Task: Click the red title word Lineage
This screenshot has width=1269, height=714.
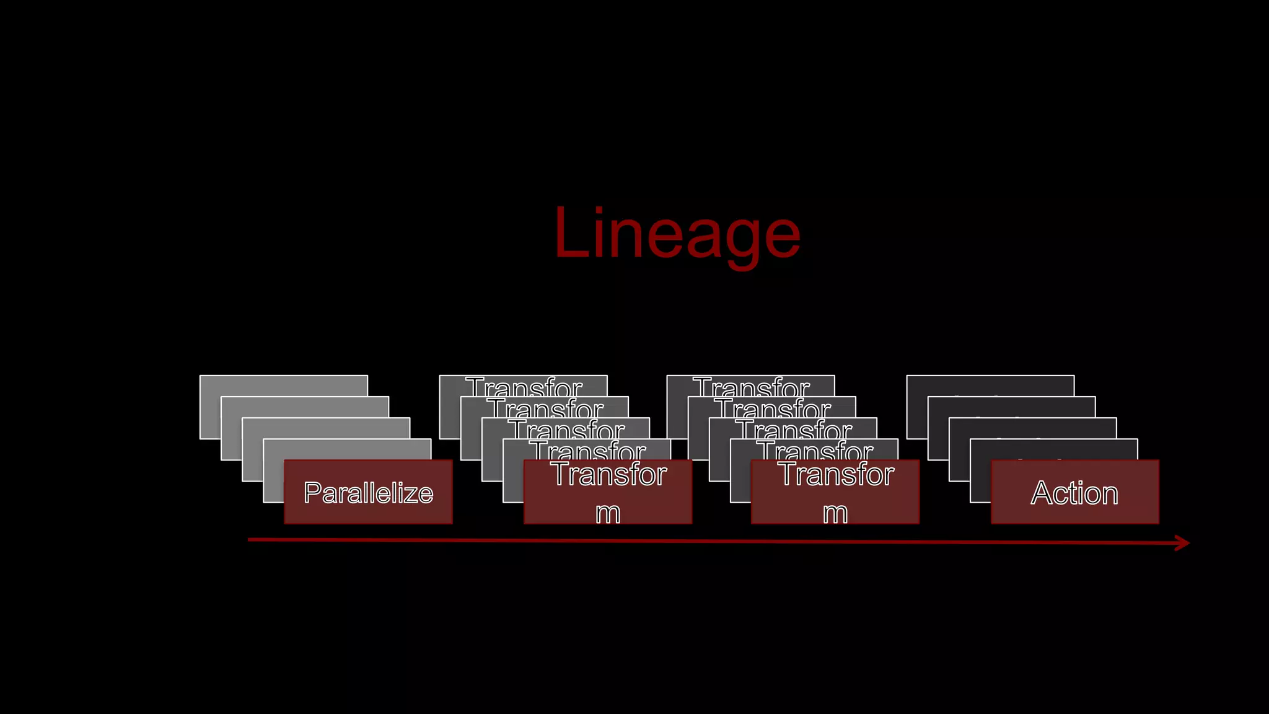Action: pyautogui.click(x=677, y=233)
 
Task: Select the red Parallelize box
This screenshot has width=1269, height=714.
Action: pyautogui.click(x=368, y=492)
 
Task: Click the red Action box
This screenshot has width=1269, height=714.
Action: pyautogui.click(x=1074, y=492)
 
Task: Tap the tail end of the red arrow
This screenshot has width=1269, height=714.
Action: pyautogui.click(x=250, y=540)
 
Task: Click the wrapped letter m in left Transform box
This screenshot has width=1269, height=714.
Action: pyautogui.click(x=608, y=513)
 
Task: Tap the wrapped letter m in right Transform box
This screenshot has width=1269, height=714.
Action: pyautogui.click(x=835, y=513)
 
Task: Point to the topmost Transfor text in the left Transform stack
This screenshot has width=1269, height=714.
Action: pyautogui.click(x=524, y=387)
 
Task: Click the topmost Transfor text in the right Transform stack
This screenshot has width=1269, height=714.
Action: pyautogui.click(x=751, y=387)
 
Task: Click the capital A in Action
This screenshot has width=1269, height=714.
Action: pyautogui.click(x=1043, y=493)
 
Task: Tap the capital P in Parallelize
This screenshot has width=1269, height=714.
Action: pyautogui.click(x=312, y=493)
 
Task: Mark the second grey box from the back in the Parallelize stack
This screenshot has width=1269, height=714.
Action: pyautogui.click(x=304, y=407)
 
